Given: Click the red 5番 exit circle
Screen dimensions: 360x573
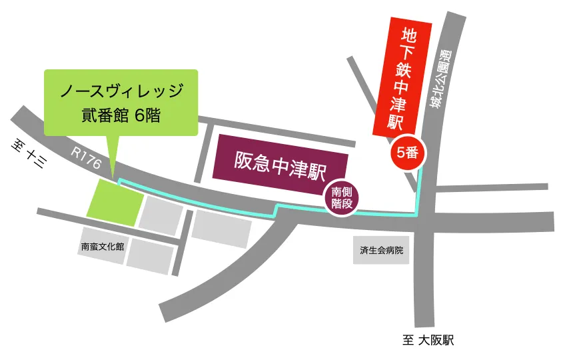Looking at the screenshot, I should pos(406,153).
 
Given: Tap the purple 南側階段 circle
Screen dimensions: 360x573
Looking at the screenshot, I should pos(341,198).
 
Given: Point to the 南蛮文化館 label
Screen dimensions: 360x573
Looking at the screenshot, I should pos(102,246).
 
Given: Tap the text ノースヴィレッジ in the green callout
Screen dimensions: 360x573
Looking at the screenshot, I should pos(121,91).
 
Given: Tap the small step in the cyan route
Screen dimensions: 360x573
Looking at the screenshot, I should pos(276,211).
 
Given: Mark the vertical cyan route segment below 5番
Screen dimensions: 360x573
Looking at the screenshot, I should pos(418,190).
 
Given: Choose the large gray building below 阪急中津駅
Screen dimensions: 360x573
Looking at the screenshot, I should pos(221,228).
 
